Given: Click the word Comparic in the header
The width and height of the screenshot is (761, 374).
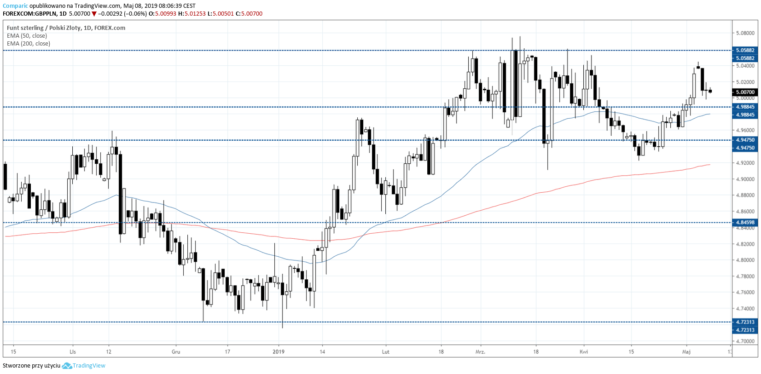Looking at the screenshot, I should pos(15,6).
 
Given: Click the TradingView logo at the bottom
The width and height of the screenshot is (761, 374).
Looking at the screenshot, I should pos(84,366).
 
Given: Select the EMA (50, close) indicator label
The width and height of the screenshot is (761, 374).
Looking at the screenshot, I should pos(27,36).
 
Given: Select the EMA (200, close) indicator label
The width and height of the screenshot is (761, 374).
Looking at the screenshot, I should pos(29,44).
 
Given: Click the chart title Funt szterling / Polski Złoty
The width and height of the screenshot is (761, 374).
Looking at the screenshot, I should pos(44,28).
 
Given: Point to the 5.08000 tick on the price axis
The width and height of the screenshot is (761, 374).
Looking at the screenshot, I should pos(745,33).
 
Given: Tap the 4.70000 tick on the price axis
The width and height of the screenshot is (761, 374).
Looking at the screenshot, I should pos(745,341).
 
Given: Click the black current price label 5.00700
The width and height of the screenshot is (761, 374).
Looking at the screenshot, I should pos(745,92).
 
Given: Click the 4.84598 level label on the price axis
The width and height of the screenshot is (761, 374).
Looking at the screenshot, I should pos(745,223).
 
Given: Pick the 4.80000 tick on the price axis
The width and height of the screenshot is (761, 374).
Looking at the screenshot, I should pos(745,260).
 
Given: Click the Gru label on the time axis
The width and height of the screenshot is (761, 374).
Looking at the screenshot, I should pos(176,352).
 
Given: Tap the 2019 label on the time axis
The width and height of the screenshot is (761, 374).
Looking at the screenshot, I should pos(279,352).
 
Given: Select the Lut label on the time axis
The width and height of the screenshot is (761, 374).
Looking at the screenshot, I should pos(386,352).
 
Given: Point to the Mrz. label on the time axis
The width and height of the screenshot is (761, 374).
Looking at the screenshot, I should pos(481,352).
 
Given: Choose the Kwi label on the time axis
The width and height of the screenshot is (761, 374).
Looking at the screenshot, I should pos(584,352).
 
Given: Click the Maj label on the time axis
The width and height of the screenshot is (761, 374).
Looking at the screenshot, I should pos(686,352).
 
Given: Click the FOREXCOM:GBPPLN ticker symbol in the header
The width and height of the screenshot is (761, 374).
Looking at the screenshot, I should pos(29,14).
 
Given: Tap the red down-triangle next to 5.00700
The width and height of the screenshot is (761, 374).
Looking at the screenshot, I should pos(94,14).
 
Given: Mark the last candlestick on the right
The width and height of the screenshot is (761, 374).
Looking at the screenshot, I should pos(710,91).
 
